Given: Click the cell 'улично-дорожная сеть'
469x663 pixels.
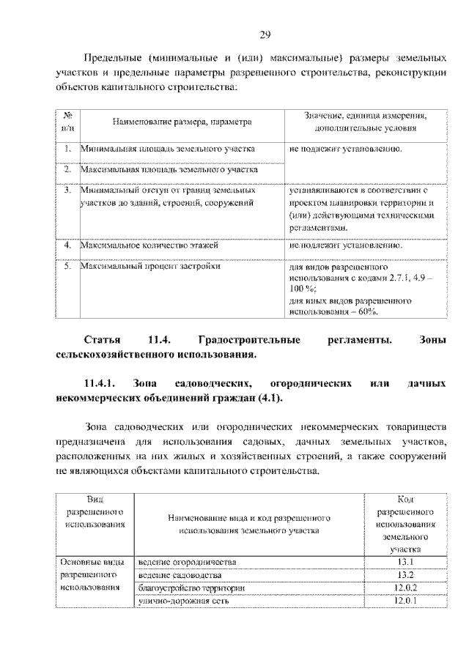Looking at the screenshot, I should click(184, 601).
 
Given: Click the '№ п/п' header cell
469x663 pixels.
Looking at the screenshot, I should click(67, 121).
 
